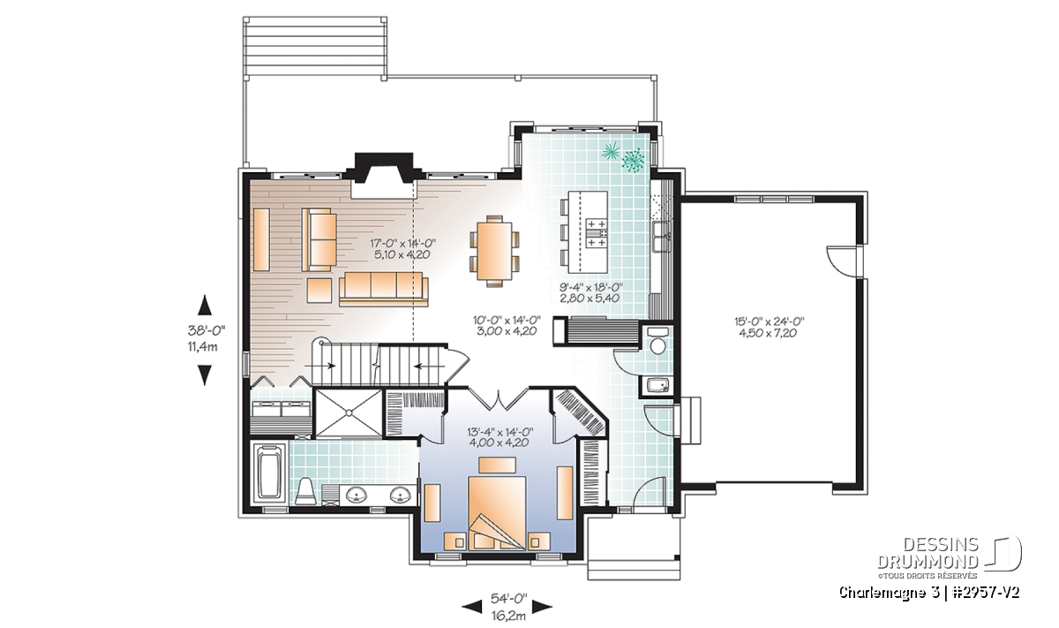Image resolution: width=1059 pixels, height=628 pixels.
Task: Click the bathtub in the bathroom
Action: coord(270,471)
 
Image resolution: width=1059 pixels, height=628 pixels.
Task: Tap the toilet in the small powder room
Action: coord(657,341)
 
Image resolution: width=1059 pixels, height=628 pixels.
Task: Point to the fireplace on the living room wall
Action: coord(383,175)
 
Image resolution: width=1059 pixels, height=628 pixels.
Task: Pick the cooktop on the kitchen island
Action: coord(597,233)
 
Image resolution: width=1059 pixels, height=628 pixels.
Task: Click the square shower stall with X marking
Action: coord(349,412)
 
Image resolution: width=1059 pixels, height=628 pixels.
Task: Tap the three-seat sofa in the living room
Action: coord(383,289)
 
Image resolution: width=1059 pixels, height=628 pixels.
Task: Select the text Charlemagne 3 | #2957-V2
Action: coord(929,593)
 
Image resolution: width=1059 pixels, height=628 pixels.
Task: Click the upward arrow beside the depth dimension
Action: coord(204,305)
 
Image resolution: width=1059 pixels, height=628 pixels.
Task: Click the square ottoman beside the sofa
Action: coord(319,290)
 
